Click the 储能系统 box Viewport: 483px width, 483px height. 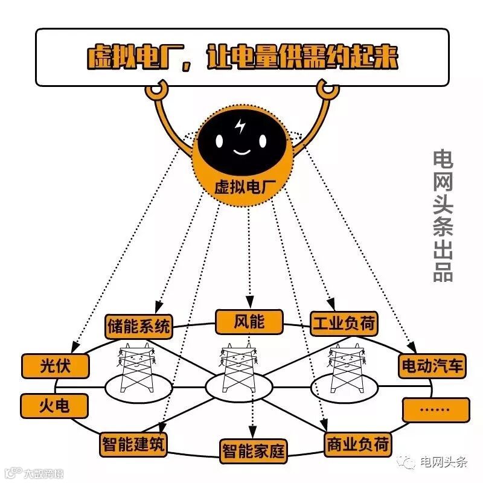tap(139, 327)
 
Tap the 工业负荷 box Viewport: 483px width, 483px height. tap(343, 324)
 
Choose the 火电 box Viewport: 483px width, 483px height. tap(54, 405)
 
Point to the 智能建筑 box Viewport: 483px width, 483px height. tap(134, 443)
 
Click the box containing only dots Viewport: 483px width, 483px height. tap(435, 410)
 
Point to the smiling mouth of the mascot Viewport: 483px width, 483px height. tap(241, 151)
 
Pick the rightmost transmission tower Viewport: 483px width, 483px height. tap(343, 368)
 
